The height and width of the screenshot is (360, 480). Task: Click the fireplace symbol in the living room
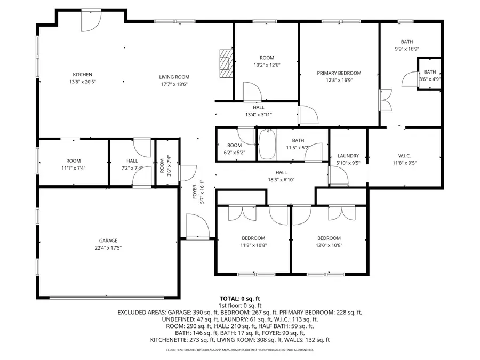click(x=227, y=63)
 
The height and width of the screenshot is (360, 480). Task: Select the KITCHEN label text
click(x=83, y=74)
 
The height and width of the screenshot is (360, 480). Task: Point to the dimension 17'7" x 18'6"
click(x=175, y=84)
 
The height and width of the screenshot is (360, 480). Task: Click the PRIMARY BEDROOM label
click(x=339, y=73)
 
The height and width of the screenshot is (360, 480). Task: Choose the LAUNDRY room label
click(x=348, y=156)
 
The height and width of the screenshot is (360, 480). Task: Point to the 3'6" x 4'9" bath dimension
click(x=430, y=79)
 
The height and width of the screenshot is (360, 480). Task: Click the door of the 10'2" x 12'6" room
click(x=251, y=91)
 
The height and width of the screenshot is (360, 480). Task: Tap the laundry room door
click(x=337, y=174)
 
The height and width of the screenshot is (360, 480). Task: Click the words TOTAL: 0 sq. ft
click(x=239, y=298)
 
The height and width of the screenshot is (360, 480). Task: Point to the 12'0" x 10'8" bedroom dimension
click(x=329, y=246)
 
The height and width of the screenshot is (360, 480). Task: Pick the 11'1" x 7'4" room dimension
click(x=74, y=168)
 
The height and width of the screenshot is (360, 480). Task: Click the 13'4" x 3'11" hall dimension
click(x=259, y=114)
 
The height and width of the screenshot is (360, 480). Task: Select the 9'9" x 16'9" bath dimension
click(x=407, y=49)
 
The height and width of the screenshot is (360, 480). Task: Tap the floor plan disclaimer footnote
click(x=239, y=350)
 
